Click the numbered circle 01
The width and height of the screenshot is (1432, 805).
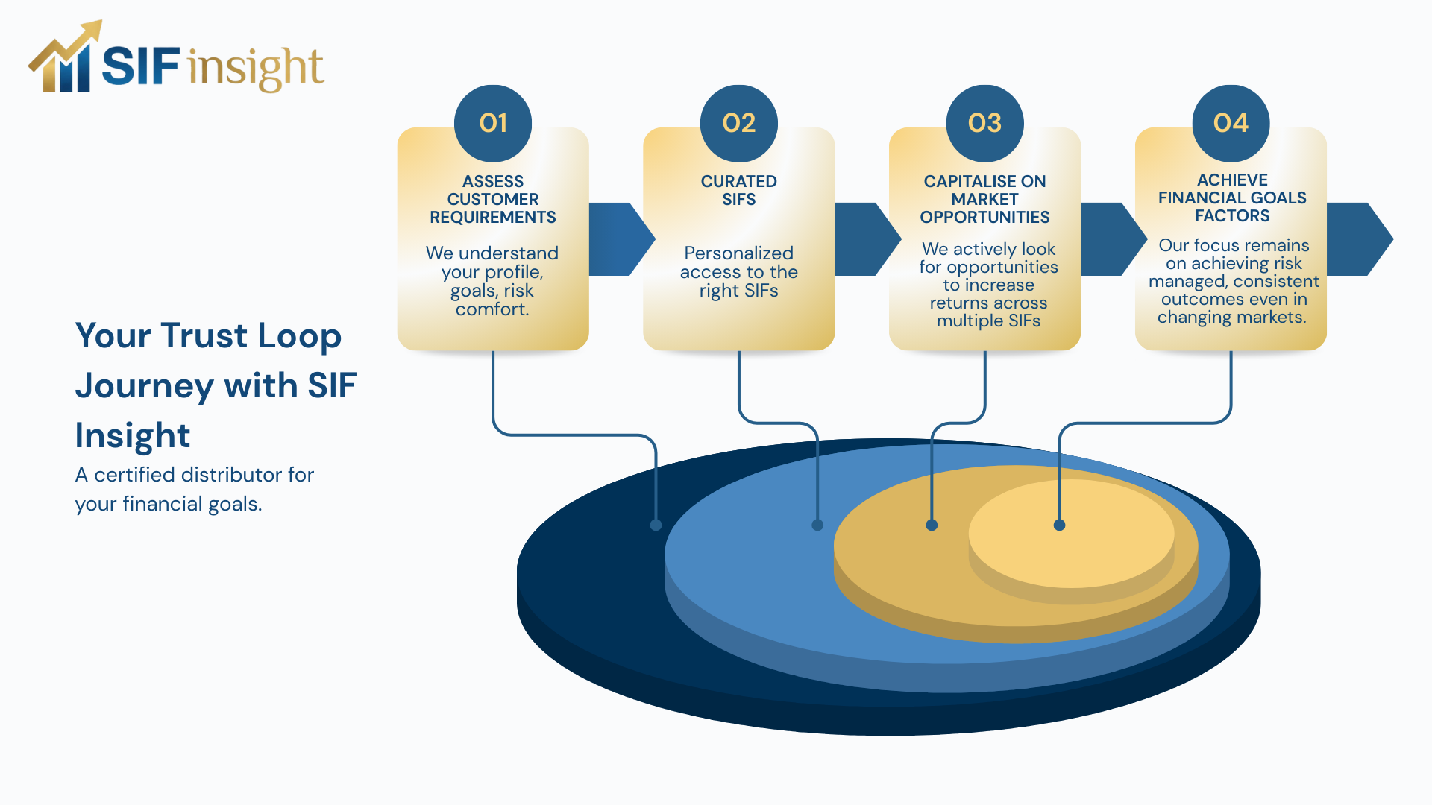[x=493, y=123]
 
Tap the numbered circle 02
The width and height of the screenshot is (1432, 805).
[x=738, y=123]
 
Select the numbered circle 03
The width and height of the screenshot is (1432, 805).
[x=984, y=123]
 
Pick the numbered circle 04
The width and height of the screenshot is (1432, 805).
[x=1231, y=123]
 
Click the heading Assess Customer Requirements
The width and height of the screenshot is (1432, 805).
[x=493, y=199]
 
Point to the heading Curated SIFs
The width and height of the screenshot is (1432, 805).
[x=738, y=190]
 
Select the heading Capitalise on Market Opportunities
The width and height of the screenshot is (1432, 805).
[x=984, y=199]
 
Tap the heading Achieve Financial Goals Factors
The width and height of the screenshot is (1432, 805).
[x=1232, y=198]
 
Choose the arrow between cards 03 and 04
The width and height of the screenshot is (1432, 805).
[x=1111, y=239]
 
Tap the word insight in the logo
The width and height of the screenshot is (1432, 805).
[x=256, y=68]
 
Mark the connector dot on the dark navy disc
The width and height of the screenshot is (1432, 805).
[x=656, y=525]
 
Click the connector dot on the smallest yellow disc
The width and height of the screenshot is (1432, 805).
[x=1059, y=525]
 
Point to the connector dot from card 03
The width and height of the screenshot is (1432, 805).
[x=932, y=525]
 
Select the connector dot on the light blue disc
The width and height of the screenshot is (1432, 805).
[x=817, y=525]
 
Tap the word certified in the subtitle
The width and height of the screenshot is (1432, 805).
[x=135, y=475]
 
